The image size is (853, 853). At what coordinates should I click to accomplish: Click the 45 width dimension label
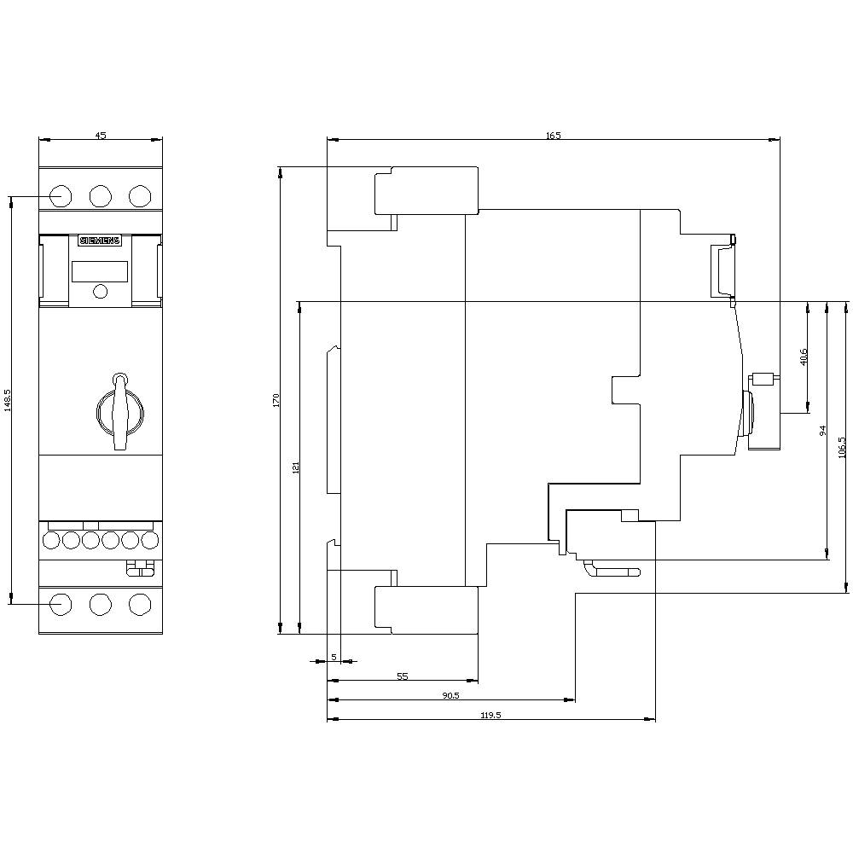pos(100,135)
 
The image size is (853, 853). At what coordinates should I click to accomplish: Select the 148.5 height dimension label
pos(8,400)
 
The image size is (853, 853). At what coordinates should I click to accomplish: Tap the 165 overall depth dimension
pos(554,135)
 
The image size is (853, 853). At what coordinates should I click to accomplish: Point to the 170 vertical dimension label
pos(276,400)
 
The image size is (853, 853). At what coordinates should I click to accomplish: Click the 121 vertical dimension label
pos(295,467)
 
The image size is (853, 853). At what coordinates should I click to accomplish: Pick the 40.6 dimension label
pos(803,357)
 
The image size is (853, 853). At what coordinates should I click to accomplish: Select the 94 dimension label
pos(822,431)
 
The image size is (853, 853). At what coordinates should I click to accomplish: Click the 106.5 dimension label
pos(842,447)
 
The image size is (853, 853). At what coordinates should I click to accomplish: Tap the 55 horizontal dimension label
pos(403,676)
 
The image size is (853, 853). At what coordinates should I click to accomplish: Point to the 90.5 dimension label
pos(450,695)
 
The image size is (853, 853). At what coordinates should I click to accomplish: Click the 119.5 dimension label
pos(490,715)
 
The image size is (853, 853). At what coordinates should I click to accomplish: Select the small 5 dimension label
pos(334,656)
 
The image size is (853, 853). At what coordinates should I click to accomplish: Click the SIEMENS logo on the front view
pos(101,241)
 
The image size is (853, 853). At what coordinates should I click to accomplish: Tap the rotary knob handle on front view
pos(120,410)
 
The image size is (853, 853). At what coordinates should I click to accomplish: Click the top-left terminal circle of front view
pos(60,195)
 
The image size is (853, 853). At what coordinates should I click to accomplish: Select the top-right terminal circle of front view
pos(139,195)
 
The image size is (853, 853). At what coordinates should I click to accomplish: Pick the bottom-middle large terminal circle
pos(100,604)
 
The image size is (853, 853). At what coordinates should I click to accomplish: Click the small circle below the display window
pos(100,292)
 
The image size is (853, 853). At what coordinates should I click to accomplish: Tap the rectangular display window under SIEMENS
pos(100,271)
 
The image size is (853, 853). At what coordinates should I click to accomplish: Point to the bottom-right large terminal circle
pos(139,604)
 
